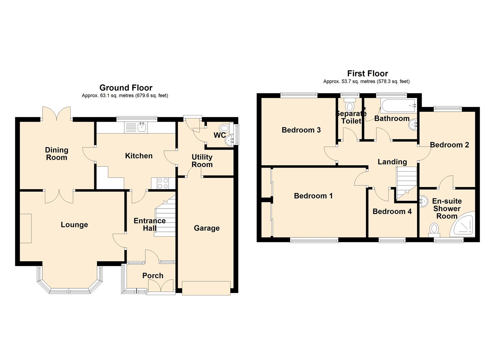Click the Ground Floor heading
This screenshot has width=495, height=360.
126,88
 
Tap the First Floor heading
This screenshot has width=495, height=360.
368,73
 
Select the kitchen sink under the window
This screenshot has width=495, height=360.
136,128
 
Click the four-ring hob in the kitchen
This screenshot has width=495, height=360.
163,183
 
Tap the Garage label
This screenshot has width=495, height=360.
207,228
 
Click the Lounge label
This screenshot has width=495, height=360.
74,225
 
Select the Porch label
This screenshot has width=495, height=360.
153,276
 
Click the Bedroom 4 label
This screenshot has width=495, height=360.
392,211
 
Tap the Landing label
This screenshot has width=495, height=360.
392,162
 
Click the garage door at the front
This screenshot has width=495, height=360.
206,288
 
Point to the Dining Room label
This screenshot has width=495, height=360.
57,154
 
